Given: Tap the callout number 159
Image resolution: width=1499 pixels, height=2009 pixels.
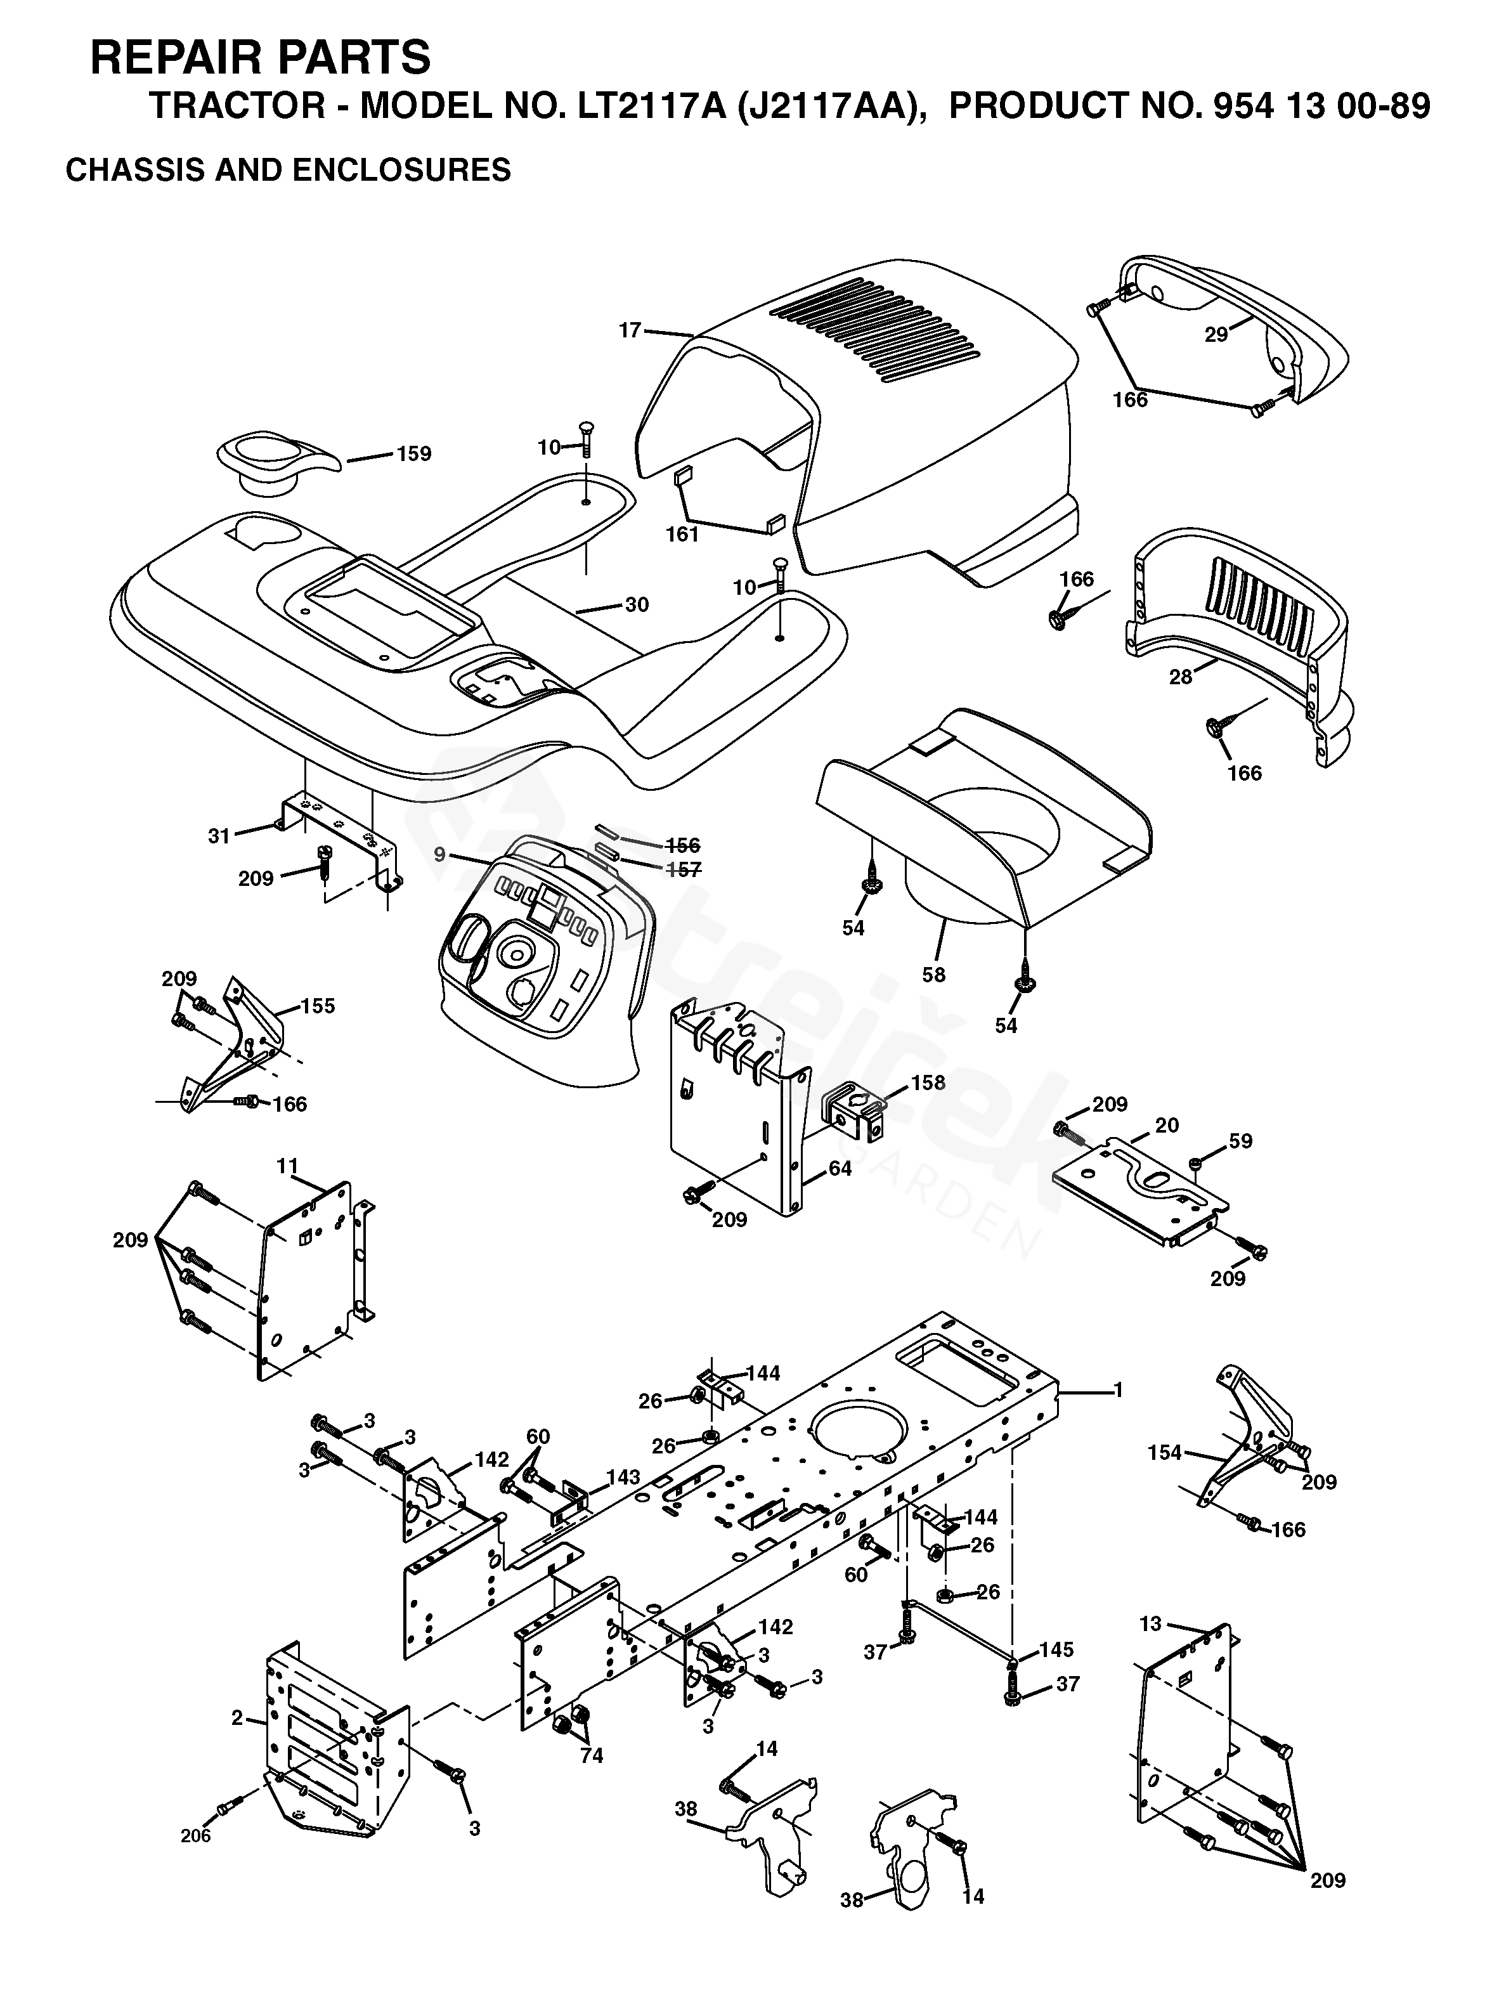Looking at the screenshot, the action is tap(415, 453).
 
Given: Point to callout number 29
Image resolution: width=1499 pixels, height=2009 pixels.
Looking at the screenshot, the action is tap(1217, 335).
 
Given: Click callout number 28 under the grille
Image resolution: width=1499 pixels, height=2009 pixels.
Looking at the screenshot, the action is tap(1181, 677).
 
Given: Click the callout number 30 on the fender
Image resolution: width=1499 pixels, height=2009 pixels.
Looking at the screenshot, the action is tap(638, 604).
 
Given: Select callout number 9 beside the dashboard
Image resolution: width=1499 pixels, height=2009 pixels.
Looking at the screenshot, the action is tap(439, 854).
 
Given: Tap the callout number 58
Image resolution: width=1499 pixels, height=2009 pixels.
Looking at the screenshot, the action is tap(933, 975).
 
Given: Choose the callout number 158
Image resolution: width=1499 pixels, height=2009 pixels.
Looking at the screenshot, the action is tap(928, 1083).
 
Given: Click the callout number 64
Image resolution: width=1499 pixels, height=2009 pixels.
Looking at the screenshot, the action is tap(840, 1169).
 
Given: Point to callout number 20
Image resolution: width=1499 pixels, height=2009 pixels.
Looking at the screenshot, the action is tap(1167, 1125).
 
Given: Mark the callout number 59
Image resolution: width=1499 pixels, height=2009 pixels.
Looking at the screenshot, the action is tap(1240, 1141).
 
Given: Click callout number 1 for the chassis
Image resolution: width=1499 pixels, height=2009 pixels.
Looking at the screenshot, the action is tap(1119, 1390).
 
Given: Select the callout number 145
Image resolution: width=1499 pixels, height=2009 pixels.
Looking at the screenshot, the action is tap(1057, 1649).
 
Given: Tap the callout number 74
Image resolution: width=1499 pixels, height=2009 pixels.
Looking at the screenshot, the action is tap(592, 1756).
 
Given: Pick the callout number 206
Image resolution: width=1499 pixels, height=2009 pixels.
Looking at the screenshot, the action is tap(195, 1837).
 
